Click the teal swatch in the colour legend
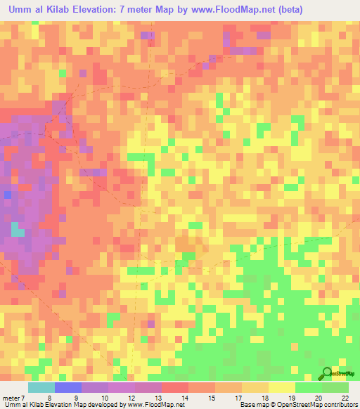pos(41,387)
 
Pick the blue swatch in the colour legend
pos(67,387)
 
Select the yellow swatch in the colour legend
pos(281,387)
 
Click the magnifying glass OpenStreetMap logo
pos(328,374)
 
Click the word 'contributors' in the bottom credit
pos(341,405)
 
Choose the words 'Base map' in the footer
pos(252,405)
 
